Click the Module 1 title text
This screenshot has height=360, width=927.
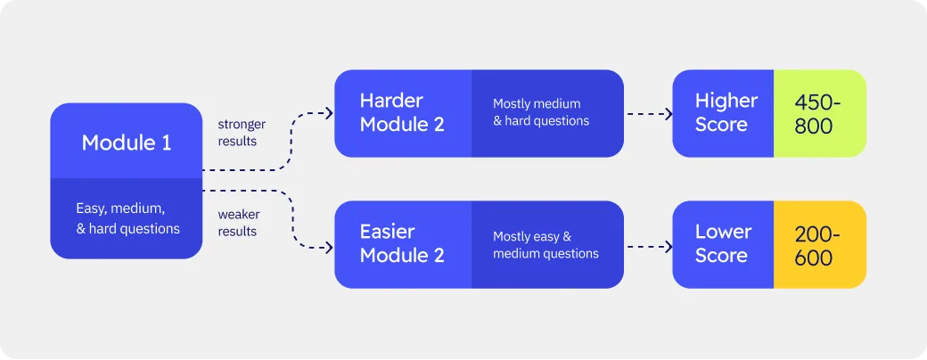[x=126, y=143]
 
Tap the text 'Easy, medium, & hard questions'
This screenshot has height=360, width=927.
[x=127, y=218]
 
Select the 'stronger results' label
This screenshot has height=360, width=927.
[x=241, y=133]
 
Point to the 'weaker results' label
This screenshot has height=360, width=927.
[x=237, y=223]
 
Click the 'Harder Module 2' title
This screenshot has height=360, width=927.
[x=401, y=113]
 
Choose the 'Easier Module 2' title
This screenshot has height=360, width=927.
[x=401, y=244]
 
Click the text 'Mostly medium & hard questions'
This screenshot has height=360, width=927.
[x=541, y=112]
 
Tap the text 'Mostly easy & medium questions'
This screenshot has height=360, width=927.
[x=546, y=245]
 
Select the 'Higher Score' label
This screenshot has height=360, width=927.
[x=726, y=113]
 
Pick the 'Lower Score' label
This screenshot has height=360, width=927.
[x=723, y=244]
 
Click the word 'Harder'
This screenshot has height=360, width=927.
[x=390, y=101]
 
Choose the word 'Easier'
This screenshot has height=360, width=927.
[x=389, y=232]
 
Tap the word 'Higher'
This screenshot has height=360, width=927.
[x=726, y=101]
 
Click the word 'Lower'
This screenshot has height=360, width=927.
[x=723, y=232]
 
